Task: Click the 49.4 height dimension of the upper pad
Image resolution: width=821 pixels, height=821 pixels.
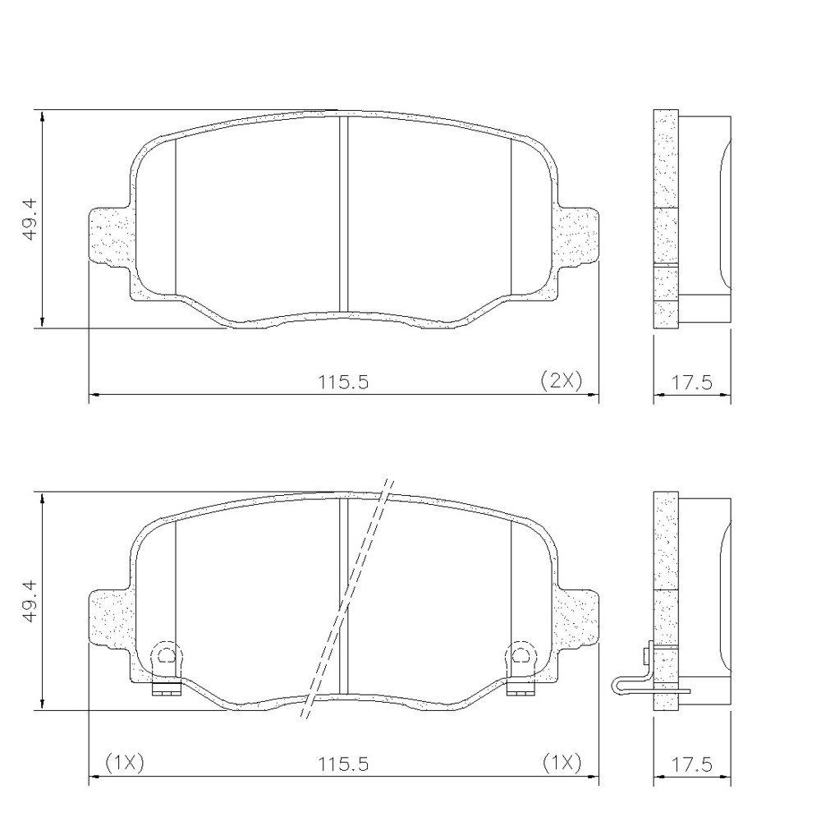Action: point(30,219)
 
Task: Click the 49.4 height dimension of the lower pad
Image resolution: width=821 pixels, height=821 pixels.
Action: point(30,601)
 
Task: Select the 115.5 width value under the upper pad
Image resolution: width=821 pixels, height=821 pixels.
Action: point(344,383)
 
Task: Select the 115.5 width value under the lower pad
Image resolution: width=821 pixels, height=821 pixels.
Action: point(344,764)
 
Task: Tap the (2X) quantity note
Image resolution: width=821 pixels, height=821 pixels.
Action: point(561,380)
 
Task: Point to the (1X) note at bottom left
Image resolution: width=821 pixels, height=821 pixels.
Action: point(125,763)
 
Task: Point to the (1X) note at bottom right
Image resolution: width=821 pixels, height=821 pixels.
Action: point(562,763)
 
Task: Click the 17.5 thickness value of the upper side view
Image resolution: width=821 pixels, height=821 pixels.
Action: point(691,383)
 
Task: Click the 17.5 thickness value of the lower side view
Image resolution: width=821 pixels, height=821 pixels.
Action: point(691,764)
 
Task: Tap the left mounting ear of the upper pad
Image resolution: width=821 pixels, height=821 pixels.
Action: point(109,236)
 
